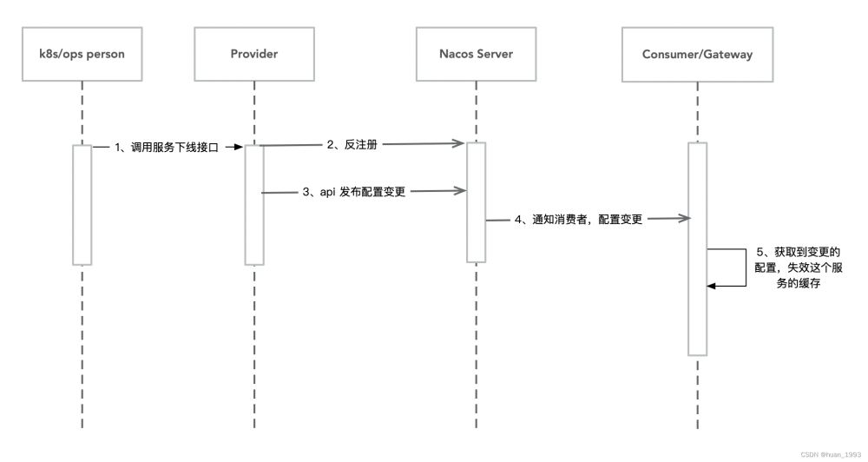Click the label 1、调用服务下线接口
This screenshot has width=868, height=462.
click(167, 148)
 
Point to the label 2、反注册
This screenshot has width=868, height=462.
click(352, 144)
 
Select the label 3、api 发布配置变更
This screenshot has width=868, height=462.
click(354, 192)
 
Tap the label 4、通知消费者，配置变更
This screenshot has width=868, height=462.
click(578, 220)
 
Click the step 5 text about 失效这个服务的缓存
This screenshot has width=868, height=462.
click(799, 267)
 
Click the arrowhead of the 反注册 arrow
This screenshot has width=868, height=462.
click(459, 143)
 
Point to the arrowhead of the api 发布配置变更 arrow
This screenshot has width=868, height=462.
click(461, 190)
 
